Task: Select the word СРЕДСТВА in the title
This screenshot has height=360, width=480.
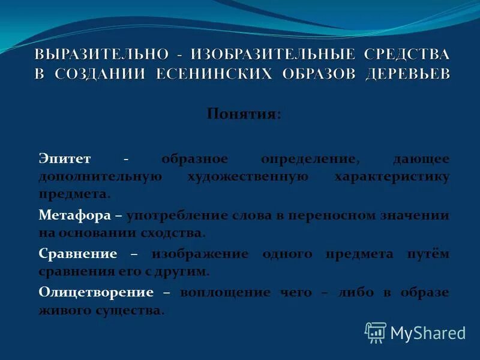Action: pos(405,53)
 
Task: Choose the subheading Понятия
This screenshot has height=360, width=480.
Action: pos(243,113)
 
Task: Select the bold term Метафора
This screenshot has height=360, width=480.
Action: pos(75,214)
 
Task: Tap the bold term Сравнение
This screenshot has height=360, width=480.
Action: pos(77,253)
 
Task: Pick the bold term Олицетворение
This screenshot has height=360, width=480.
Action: pos(96,292)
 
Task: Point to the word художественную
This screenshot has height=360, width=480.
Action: pos(247,177)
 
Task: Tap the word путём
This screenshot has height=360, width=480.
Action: pos(428,253)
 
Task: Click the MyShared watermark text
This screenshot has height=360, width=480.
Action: pos(428,333)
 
